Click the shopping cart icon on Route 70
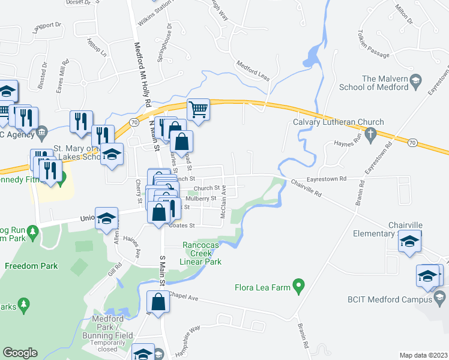pyautogui.click(x=198, y=110)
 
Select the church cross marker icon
pyautogui.click(x=370, y=133)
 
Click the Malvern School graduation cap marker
pyautogui.click(x=415, y=82)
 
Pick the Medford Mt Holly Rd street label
pyautogui.click(x=142, y=71)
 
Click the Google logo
pyautogui.click(x=20, y=353)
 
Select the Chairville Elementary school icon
pyautogui.click(x=409, y=242)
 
